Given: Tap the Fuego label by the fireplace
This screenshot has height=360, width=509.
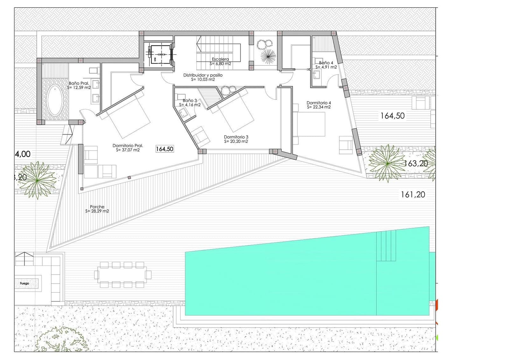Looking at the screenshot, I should click(x=24, y=283).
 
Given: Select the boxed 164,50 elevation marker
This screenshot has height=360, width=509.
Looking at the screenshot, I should click(x=165, y=149).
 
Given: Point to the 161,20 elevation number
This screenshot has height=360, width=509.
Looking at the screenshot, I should click(x=413, y=194).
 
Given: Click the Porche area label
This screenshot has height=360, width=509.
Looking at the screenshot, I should click(x=97, y=209).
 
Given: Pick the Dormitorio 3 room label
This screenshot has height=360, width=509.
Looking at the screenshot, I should click(x=236, y=139).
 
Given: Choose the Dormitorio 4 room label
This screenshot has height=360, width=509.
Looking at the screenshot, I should click(x=319, y=105).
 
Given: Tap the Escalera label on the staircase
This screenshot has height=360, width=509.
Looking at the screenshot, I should click(x=220, y=61).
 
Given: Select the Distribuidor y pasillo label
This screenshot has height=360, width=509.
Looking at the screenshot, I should click(x=203, y=77).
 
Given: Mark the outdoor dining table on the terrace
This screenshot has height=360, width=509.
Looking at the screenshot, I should click(x=122, y=274).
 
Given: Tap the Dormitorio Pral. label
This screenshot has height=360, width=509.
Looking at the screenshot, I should click(x=128, y=148).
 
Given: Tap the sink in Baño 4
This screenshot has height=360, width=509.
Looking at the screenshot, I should click(x=316, y=75).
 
